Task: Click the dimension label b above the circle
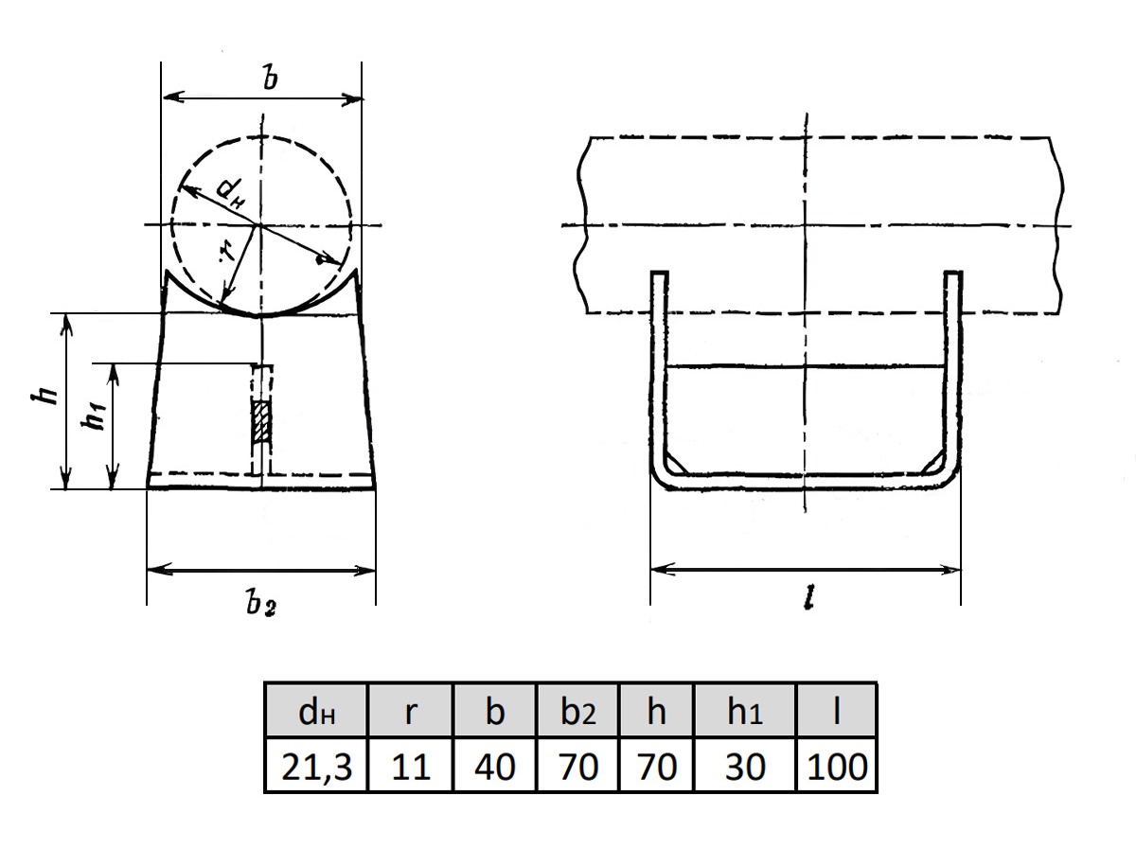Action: [x=270, y=78]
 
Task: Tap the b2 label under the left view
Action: [x=261, y=603]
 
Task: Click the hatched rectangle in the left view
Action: [x=261, y=421]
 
